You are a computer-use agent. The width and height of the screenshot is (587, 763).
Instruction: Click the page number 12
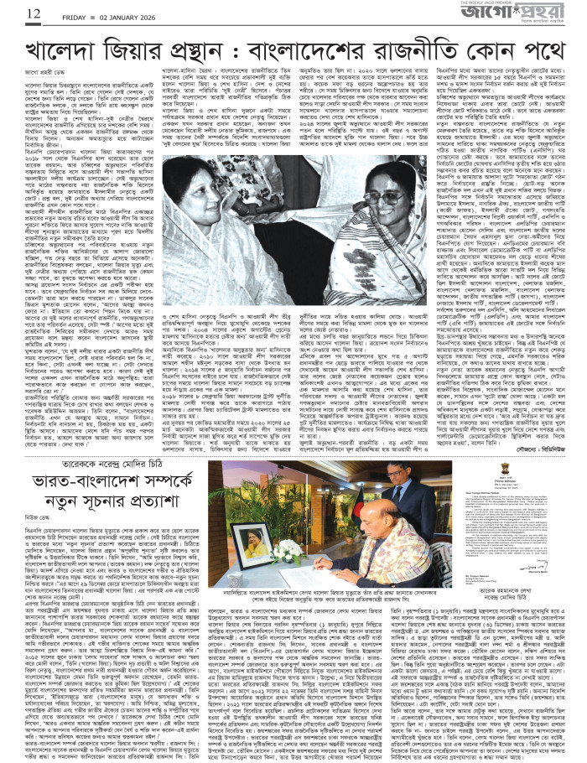point(12,12)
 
